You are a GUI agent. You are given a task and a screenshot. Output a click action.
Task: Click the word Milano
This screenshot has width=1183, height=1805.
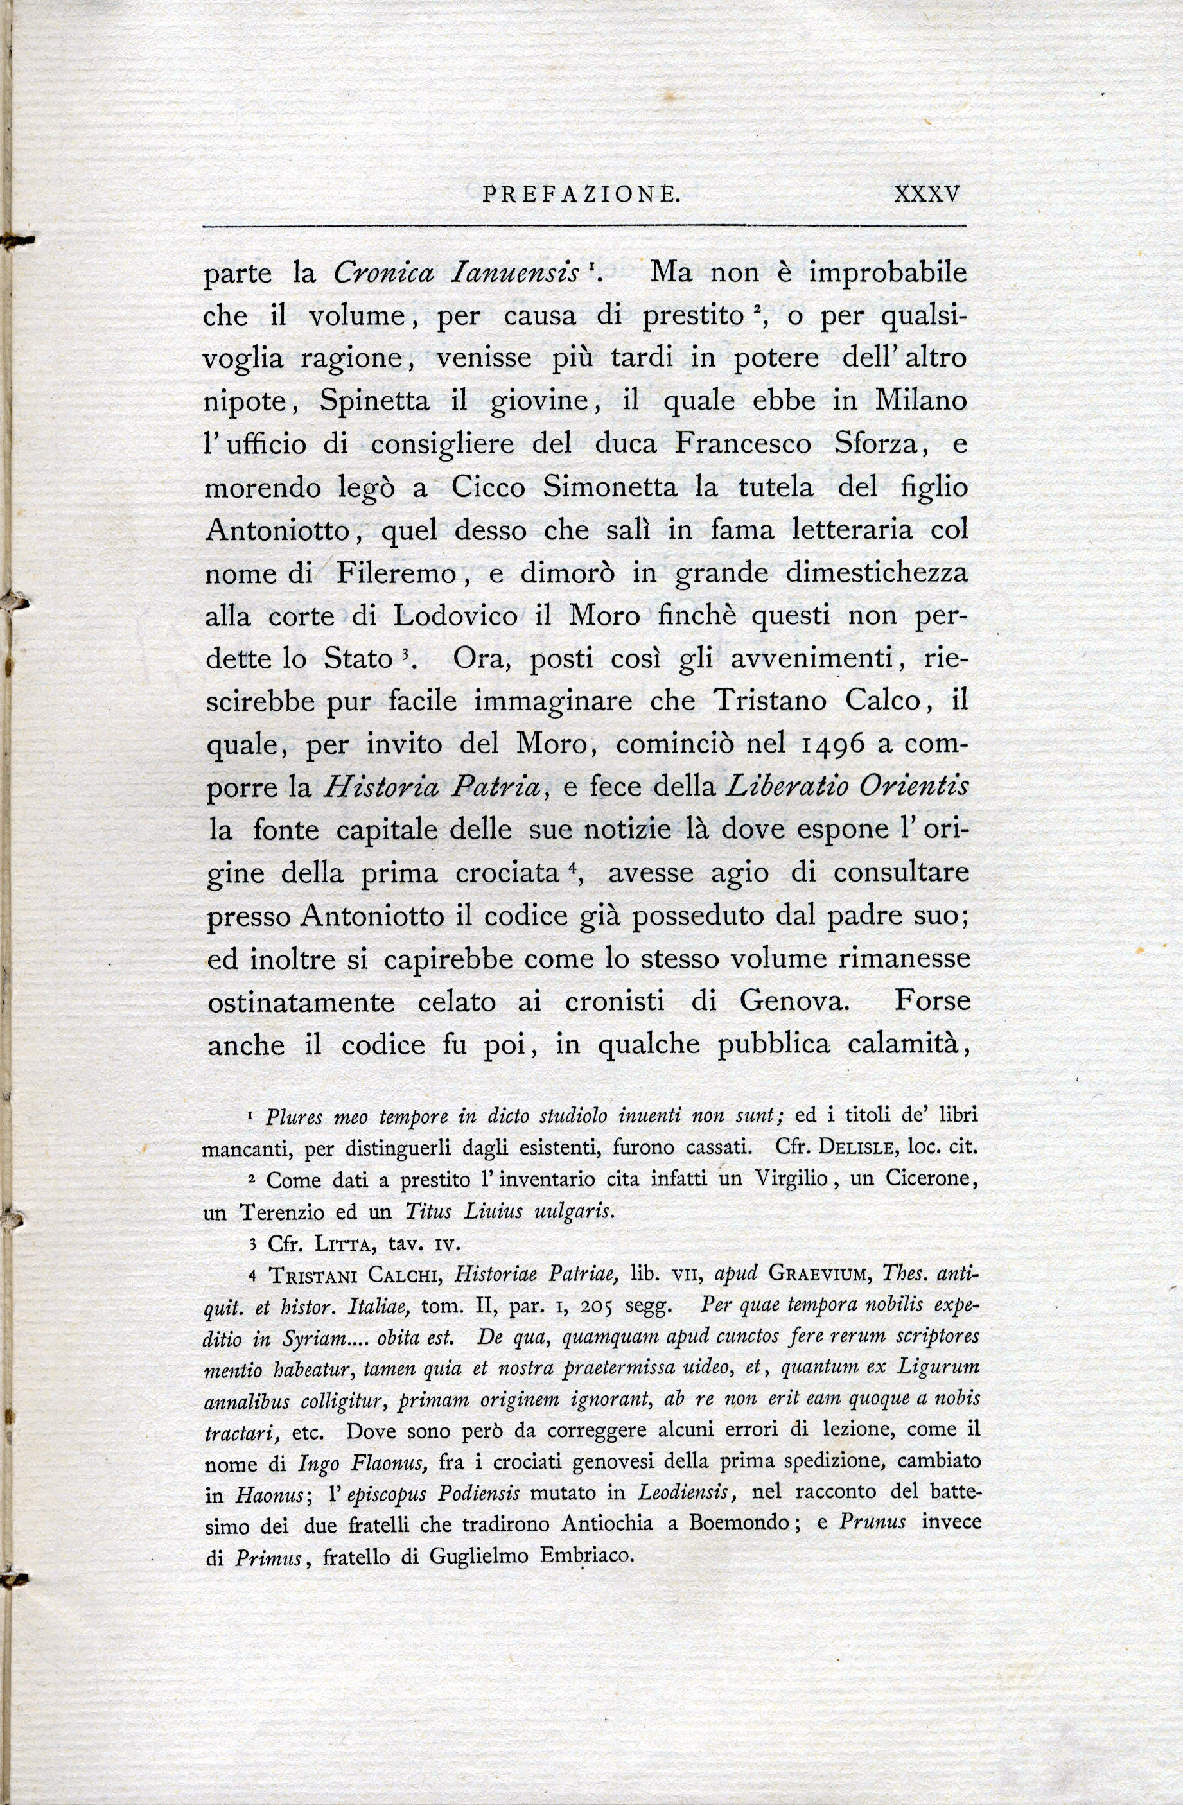(922, 401)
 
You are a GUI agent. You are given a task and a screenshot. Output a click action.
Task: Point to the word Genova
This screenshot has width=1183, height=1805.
(793, 1001)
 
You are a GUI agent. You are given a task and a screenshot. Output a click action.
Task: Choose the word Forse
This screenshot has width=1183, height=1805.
(931, 1001)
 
